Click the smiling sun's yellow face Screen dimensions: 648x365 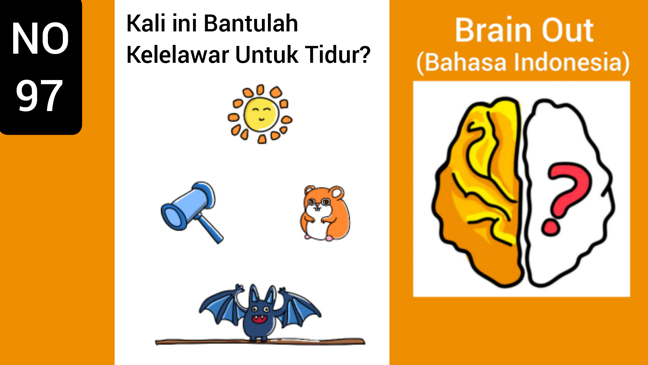click(x=260, y=114)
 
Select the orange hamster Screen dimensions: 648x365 click(x=325, y=213)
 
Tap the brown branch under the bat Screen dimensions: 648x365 click(x=260, y=341)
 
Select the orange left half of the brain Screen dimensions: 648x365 click(x=479, y=192)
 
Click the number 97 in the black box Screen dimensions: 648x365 click(x=39, y=96)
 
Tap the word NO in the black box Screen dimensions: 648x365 click(x=40, y=38)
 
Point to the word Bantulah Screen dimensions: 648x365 click(x=251, y=23)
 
